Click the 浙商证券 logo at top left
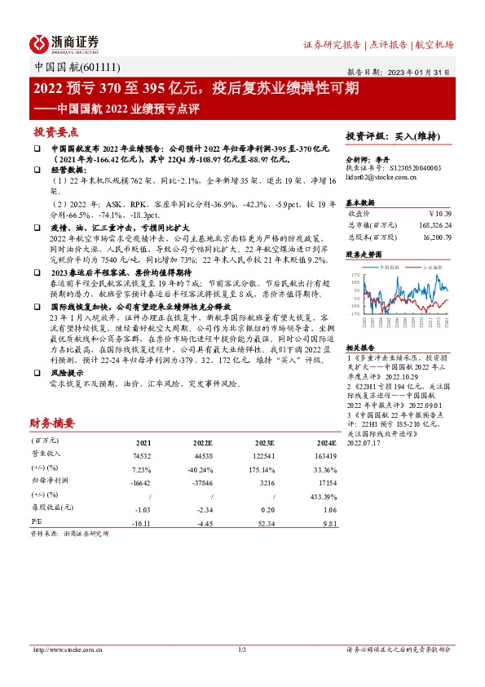64,42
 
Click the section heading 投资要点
55,131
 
